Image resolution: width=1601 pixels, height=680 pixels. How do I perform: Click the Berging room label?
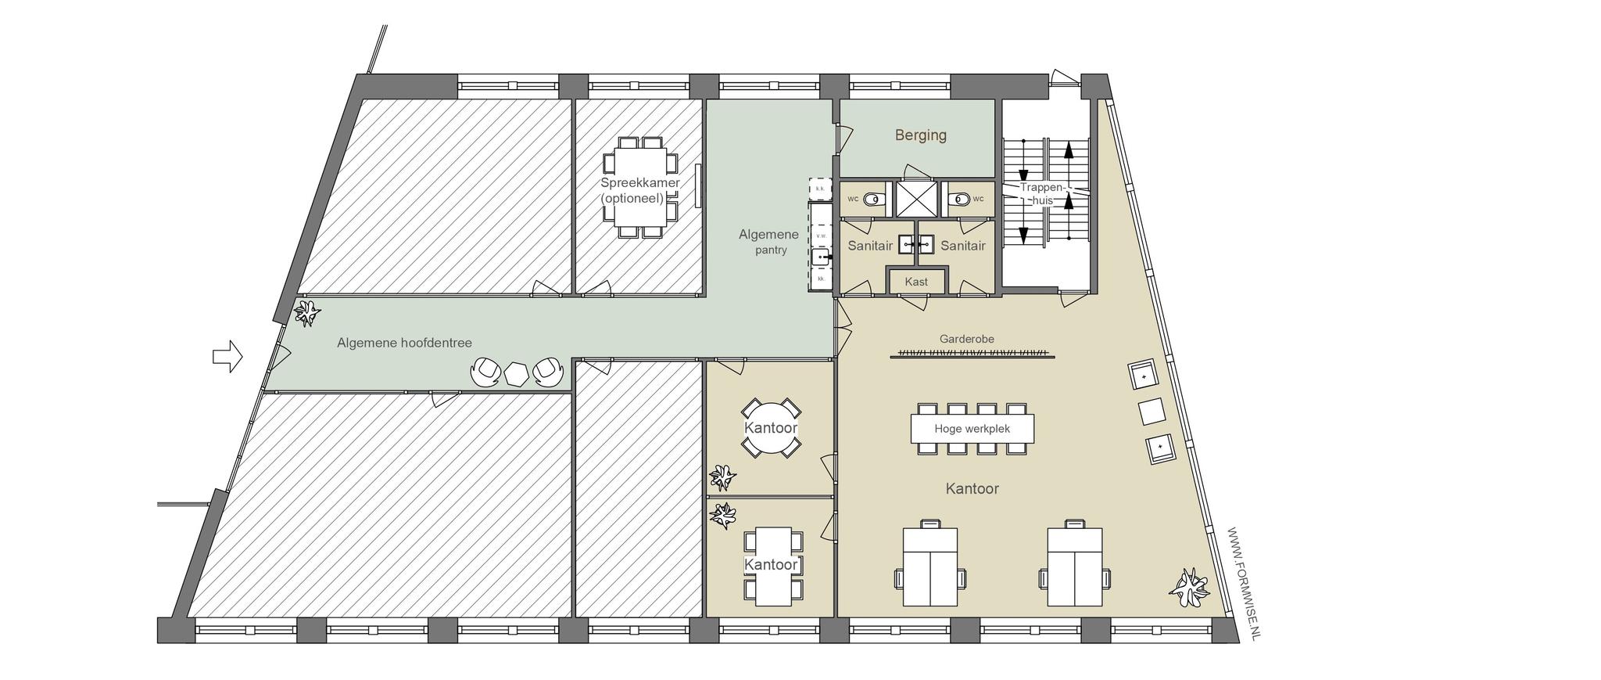920,135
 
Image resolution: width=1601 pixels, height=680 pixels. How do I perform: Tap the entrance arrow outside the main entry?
227,357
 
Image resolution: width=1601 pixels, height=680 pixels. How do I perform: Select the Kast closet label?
916,282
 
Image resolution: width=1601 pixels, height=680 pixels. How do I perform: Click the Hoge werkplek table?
972,429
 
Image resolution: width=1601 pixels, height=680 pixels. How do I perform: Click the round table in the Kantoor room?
771,428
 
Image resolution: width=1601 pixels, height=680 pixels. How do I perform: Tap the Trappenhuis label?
1043,194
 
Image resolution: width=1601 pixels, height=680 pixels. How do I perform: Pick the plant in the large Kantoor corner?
1188,588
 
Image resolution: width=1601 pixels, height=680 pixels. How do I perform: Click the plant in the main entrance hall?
306,314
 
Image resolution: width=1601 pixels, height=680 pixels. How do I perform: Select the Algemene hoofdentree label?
404,343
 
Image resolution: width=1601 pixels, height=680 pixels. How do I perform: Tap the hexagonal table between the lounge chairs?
516,373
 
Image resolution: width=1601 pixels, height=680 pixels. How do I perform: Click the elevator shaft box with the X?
915,199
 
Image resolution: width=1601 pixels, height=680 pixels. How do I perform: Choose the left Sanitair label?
870,246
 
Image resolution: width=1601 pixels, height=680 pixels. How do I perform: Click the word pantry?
771,250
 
